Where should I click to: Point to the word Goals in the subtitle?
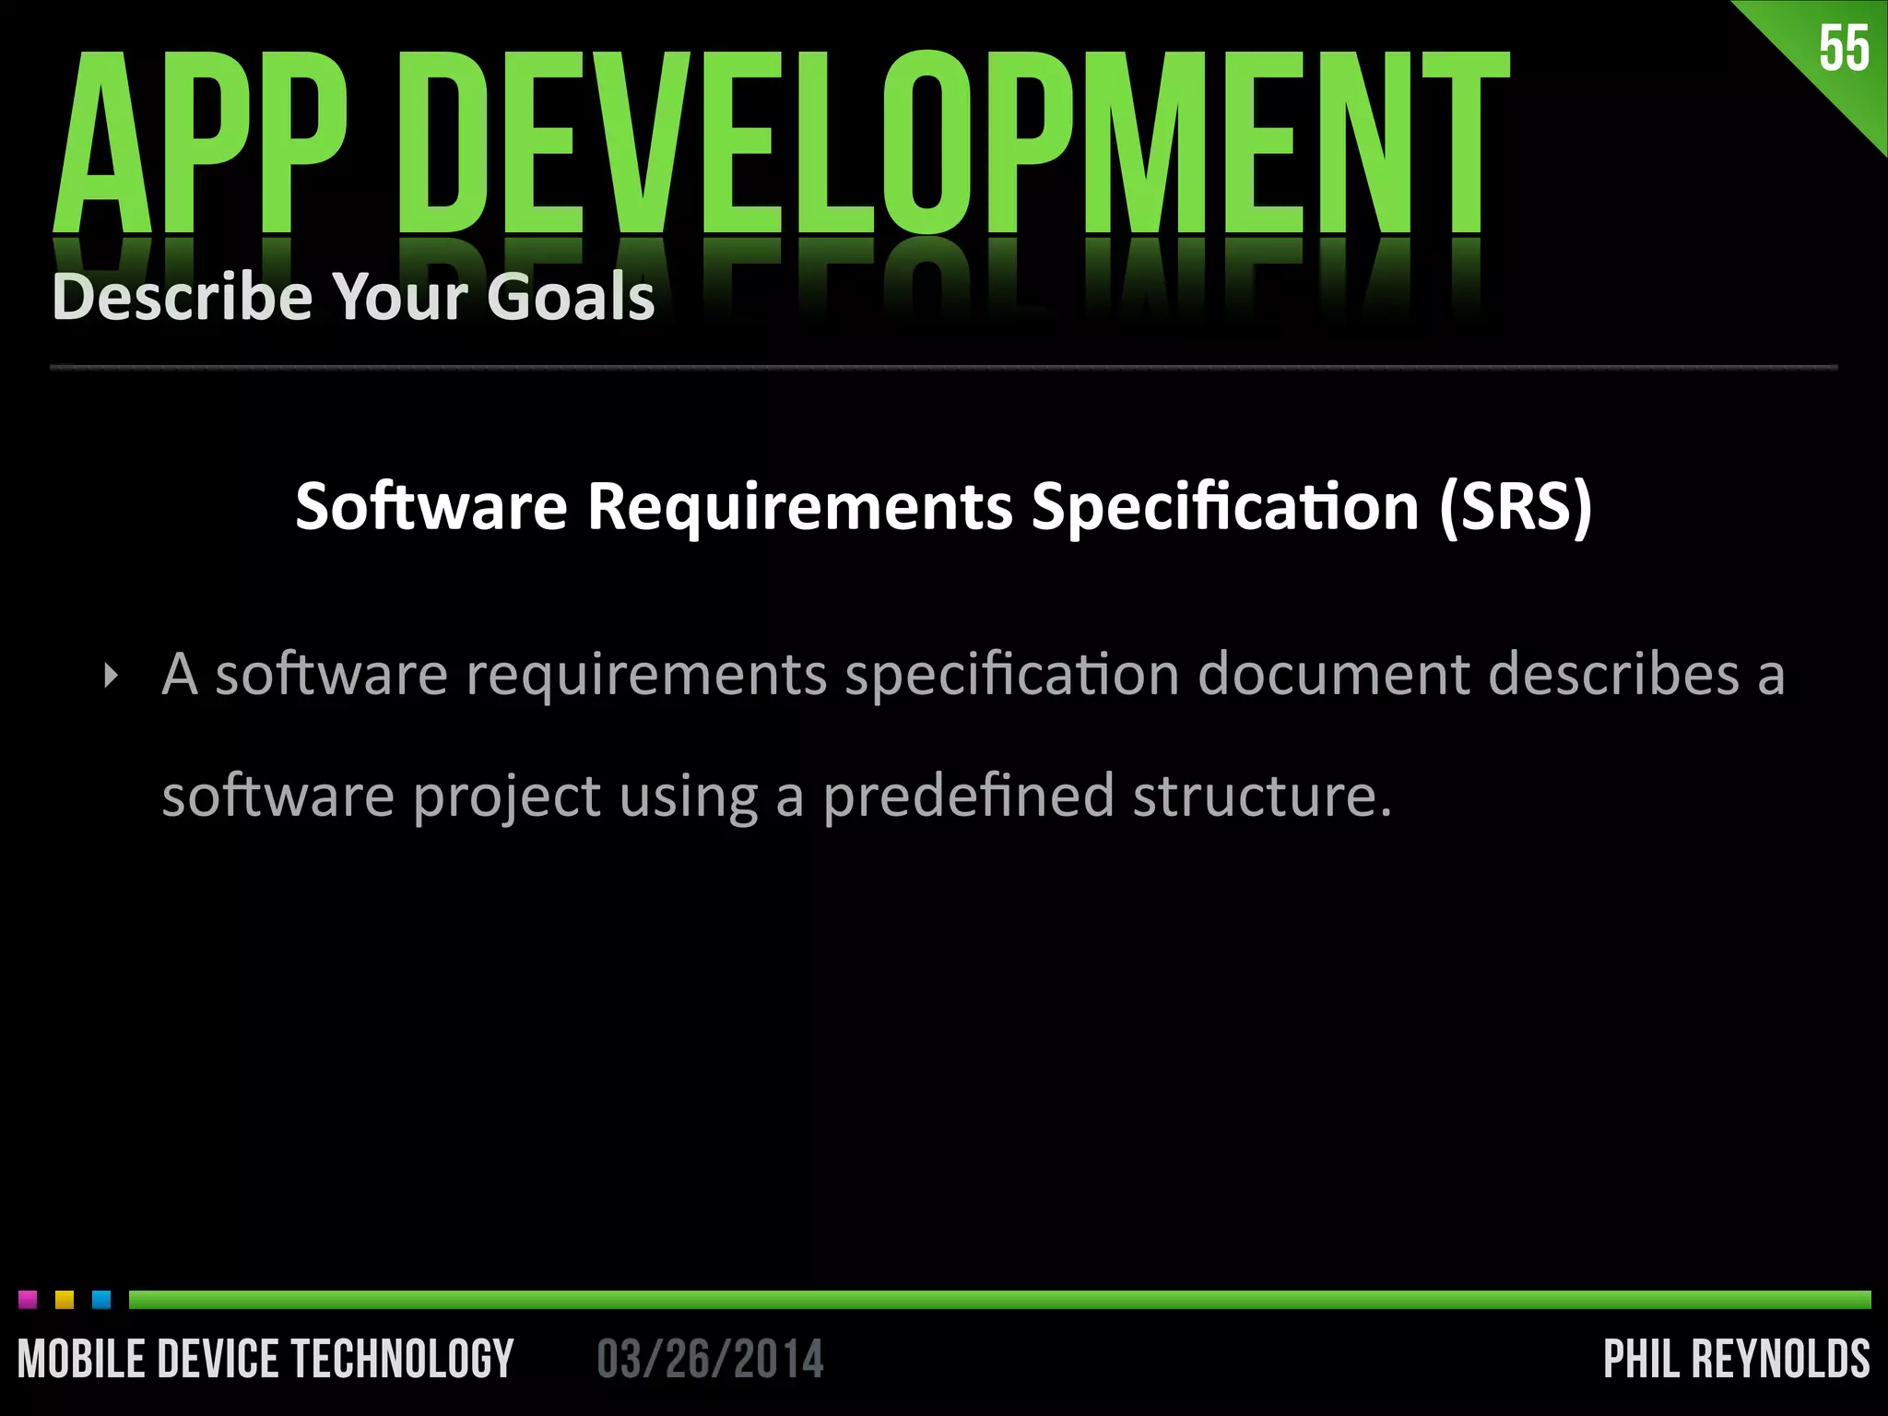(x=571, y=297)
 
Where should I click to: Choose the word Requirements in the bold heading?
(x=800, y=508)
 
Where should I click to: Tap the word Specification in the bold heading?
(x=1225, y=508)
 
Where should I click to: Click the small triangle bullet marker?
(x=112, y=677)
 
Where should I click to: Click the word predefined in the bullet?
(x=968, y=796)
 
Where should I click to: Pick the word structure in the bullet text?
(x=1261, y=796)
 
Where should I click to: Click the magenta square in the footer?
(x=28, y=1300)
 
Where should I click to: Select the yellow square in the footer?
(x=65, y=1300)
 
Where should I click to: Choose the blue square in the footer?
(x=101, y=1300)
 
